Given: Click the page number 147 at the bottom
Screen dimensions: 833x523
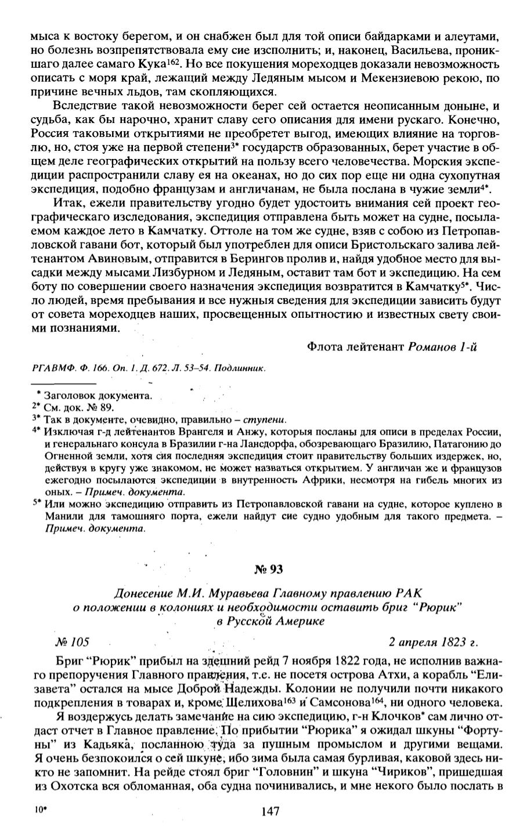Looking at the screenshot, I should pos(270,811).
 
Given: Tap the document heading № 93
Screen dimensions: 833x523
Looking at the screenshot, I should pos(268,569).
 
